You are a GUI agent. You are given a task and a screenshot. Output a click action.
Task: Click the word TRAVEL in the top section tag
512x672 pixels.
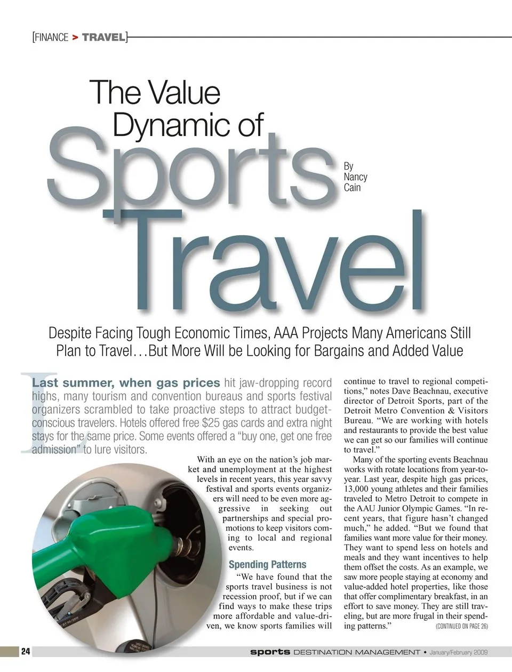pyautogui.click(x=104, y=37)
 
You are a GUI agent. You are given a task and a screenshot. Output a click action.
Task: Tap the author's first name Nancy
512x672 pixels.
pyautogui.click(x=355, y=177)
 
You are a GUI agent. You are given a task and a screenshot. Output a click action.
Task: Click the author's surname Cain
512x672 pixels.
pyautogui.click(x=352, y=187)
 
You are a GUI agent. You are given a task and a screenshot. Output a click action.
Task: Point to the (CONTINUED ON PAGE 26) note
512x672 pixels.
pyautogui.click(x=461, y=626)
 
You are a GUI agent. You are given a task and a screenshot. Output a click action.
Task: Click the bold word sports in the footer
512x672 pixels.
pyautogui.click(x=270, y=652)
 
